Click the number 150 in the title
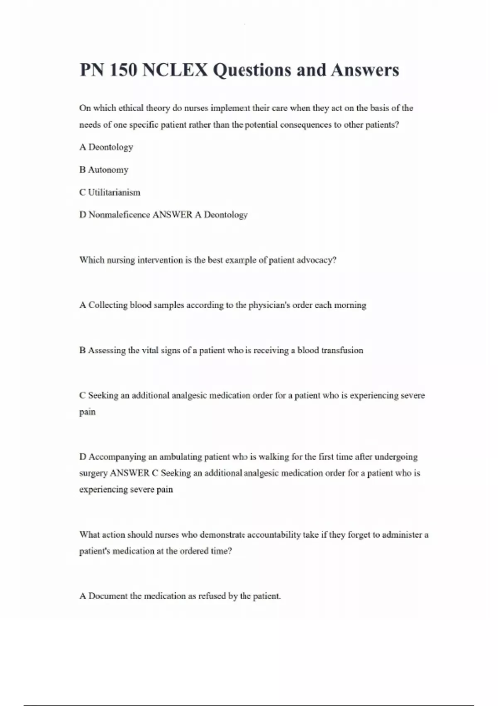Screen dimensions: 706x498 (x=123, y=70)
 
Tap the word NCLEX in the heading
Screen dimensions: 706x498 (x=175, y=70)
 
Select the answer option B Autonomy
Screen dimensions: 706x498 (x=104, y=170)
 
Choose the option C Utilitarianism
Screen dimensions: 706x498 (x=110, y=192)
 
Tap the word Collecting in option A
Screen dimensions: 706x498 (x=107, y=305)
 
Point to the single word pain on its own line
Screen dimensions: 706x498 (x=87, y=412)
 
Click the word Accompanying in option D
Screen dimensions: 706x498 (x=117, y=457)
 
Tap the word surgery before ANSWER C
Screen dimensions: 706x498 (x=93, y=473)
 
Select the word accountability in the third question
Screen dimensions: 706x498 (x=274, y=535)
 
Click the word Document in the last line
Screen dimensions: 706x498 (x=108, y=596)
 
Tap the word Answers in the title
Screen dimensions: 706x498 (x=365, y=70)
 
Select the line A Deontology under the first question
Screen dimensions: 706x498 (x=106, y=147)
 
